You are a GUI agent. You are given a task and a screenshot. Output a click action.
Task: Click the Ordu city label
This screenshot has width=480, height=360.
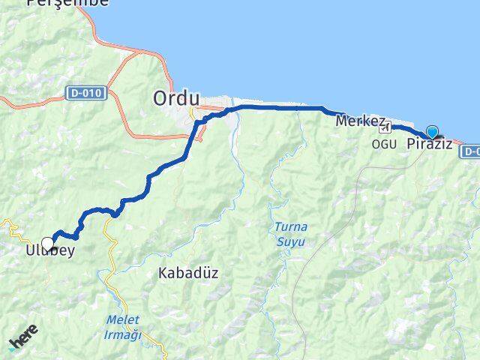[x=176, y=97]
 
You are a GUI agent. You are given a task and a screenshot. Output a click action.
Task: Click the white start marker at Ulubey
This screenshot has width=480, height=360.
[x=48, y=244]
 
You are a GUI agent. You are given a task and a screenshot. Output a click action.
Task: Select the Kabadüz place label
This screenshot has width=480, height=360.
[x=188, y=273]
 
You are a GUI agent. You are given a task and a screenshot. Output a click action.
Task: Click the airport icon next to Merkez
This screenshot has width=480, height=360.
[x=385, y=128]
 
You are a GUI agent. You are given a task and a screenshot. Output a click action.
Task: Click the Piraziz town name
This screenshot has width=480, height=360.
[x=429, y=144]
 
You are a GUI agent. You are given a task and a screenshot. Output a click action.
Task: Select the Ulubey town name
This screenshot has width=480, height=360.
[x=44, y=253]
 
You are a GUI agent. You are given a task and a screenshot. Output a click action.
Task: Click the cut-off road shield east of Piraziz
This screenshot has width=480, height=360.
[x=471, y=151]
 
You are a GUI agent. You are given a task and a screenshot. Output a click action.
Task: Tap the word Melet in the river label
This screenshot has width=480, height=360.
[x=122, y=320]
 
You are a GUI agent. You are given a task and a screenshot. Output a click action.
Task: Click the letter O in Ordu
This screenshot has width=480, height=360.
[x=161, y=97]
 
